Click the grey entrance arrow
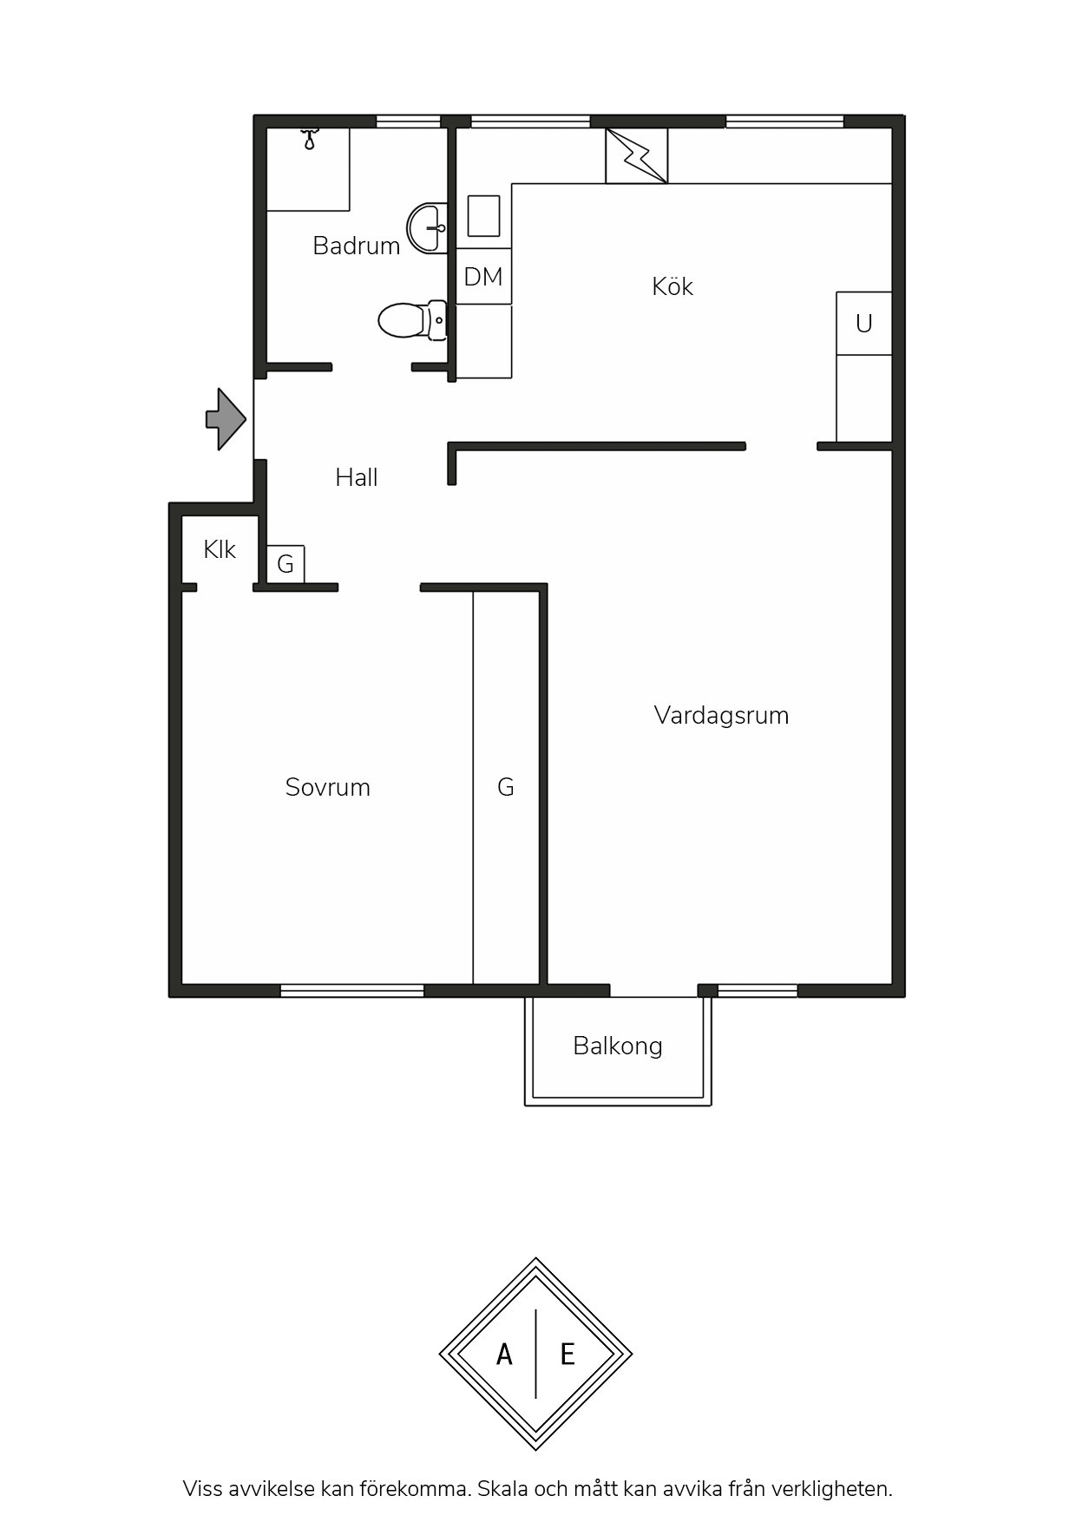(226, 419)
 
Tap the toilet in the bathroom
(413, 320)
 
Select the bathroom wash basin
(428, 227)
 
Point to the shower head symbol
(310, 140)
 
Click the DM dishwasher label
(483, 277)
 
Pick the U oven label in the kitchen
(863, 324)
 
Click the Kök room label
(672, 286)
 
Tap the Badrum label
(357, 246)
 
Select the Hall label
(357, 477)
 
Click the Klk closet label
(220, 549)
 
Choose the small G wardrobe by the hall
(285, 564)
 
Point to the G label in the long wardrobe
(506, 787)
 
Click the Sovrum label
(328, 787)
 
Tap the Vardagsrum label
(721, 715)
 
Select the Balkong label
(618, 1046)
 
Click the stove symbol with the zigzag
(637, 156)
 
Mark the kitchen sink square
(484, 215)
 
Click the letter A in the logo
(504, 1354)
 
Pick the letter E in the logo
(568, 1354)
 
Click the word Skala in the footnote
(502, 1489)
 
